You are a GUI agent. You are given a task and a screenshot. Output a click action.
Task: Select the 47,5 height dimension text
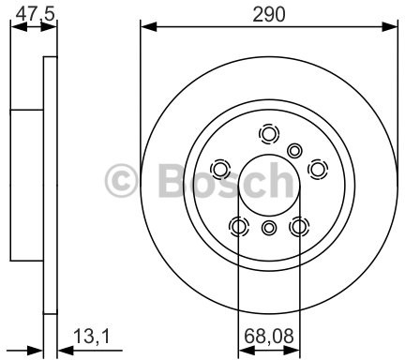coord(33,12)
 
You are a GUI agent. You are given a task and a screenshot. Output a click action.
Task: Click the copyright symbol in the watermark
coord(126,179)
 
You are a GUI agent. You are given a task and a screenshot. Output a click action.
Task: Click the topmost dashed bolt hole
coord(269,134)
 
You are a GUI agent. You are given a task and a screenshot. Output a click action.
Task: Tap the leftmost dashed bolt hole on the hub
coord(220,169)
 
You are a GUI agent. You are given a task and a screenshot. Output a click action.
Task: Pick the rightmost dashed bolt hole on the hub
coord(318,169)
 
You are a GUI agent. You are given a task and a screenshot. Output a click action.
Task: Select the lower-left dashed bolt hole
coord(239,226)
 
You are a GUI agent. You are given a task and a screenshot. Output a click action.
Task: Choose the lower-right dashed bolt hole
coord(299,226)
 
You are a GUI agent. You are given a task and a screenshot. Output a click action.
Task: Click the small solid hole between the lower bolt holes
coord(269,228)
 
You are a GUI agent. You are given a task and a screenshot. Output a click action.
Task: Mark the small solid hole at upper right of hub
coord(295,150)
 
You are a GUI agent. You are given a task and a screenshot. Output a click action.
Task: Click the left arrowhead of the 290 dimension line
coord(145,27)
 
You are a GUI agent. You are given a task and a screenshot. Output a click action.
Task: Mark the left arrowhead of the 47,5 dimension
coord(15,27)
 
